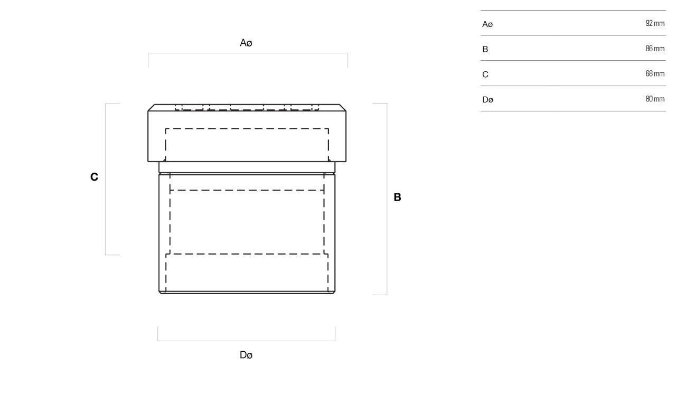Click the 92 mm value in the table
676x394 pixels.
655,23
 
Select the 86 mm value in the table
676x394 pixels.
655,49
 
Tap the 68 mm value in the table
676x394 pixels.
655,73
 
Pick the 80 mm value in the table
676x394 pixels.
655,99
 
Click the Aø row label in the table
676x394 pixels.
487,24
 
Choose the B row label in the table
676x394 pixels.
485,49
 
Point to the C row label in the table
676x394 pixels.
485,74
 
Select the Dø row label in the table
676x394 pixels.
487,99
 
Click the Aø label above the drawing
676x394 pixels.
246,43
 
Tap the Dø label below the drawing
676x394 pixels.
246,355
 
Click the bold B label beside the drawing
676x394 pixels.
398,198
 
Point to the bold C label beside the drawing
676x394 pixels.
94,177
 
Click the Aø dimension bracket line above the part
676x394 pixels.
248,53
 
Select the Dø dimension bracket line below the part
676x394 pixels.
246,341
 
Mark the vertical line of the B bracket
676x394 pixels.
387,199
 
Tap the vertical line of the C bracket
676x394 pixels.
105,179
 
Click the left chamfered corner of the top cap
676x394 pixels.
151,108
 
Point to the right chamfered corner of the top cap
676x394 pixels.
343,108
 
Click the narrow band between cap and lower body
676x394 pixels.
247,167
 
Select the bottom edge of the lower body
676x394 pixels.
247,293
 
